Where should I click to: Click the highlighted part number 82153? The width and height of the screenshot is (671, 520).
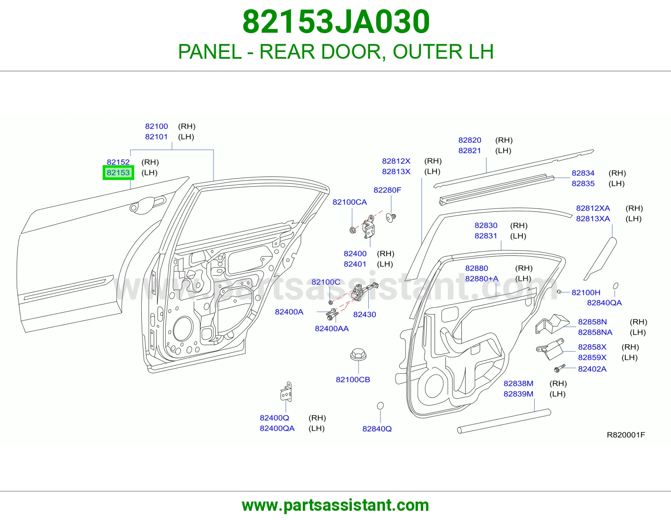click(x=118, y=173)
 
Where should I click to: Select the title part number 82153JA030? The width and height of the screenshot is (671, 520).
click(x=336, y=22)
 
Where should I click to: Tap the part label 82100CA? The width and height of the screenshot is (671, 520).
click(x=350, y=202)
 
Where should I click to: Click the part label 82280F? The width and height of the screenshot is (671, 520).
click(x=387, y=190)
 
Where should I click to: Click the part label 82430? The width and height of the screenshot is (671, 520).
click(x=364, y=315)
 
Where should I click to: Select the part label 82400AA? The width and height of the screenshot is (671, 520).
click(x=332, y=328)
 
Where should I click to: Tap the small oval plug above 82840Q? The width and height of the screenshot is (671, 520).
click(x=380, y=406)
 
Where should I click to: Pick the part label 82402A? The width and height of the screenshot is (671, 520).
click(x=592, y=369)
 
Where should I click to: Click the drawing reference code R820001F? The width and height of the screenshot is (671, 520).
click(x=626, y=435)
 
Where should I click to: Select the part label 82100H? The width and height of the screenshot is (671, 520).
click(x=586, y=292)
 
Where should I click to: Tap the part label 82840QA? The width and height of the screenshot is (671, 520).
click(x=604, y=303)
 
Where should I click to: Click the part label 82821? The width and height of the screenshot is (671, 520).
click(x=469, y=151)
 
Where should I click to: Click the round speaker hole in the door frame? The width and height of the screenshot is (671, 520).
click(x=183, y=329)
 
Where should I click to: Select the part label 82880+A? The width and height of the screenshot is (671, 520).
click(x=482, y=279)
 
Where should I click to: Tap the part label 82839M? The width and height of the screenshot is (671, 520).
click(x=518, y=394)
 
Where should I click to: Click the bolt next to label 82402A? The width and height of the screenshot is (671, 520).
click(x=559, y=368)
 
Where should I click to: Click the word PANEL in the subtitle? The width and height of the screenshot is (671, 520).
click(x=210, y=52)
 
